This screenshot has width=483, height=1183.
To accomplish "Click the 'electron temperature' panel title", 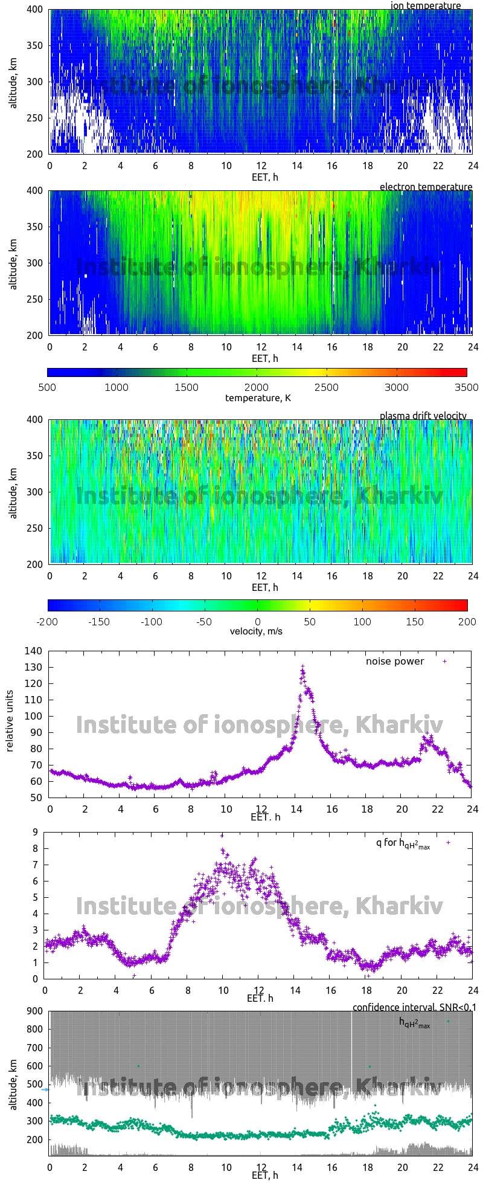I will (x=426, y=187).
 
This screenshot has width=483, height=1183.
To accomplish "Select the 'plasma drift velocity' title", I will (x=423, y=416).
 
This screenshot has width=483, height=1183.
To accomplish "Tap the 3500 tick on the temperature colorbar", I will (x=466, y=387).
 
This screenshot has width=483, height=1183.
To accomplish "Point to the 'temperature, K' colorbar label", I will (x=258, y=398).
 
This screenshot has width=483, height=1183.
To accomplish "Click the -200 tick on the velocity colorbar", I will (x=48, y=621).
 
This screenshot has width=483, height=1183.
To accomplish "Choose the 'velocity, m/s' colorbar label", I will (x=256, y=631).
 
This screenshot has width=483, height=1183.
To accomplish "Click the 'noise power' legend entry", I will (x=395, y=661).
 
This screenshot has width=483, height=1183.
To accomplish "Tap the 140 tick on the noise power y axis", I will (x=34, y=651).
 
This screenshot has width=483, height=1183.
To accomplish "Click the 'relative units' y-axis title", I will (x=10, y=721).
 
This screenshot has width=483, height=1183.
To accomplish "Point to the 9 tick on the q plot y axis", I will (x=36, y=832).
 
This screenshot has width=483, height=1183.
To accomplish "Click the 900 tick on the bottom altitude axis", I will (x=34, y=1011).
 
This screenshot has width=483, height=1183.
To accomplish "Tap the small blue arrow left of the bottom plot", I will (x=45, y=1089).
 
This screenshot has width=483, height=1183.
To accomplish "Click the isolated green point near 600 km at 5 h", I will (x=138, y=1066).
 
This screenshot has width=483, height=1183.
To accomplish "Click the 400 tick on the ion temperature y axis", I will (x=34, y=10).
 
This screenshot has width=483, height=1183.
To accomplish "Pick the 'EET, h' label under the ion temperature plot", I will (x=264, y=177).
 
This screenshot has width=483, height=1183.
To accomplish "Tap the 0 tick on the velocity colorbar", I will (x=258, y=621).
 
